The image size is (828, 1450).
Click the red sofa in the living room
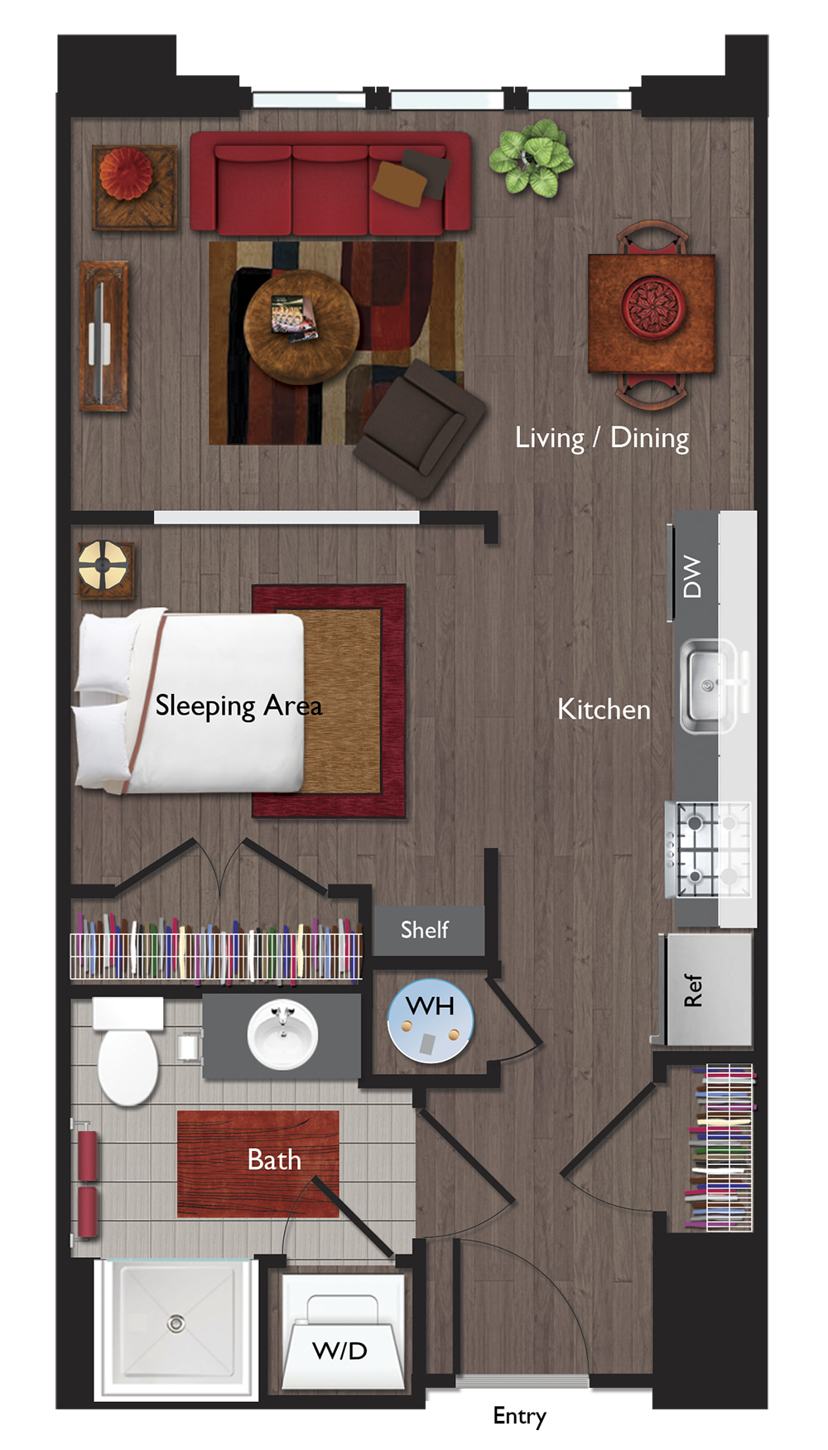point(330,183)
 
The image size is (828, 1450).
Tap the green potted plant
point(531,158)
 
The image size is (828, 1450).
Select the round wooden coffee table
point(301,326)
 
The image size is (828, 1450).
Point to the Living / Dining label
point(602,438)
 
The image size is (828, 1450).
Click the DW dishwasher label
point(692,576)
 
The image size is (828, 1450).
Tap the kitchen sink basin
point(708,686)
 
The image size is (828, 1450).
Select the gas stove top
point(709,850)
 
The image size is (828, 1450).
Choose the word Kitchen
point(604,710)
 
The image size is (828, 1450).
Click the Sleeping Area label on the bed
point(238,706)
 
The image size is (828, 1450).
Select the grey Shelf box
point(429,931)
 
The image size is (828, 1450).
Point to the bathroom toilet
point(128,1053)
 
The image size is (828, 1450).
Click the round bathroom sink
point(282,1034)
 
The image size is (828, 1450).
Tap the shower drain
point(176,1323)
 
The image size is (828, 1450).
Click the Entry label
point(519,1416)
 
